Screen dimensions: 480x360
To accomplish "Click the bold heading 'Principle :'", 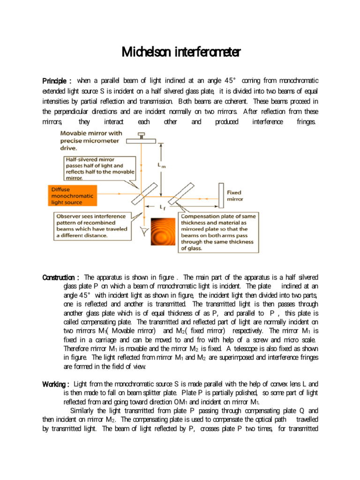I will pyautogui.click(x=57, y=81).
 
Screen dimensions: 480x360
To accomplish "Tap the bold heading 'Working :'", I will pyautogui.click(x=56, y=384).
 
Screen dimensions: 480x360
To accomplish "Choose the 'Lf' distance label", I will pyautogui.click(x=162, y=207).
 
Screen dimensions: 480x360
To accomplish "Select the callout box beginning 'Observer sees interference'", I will pyautogui.click(x=92, y=226).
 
